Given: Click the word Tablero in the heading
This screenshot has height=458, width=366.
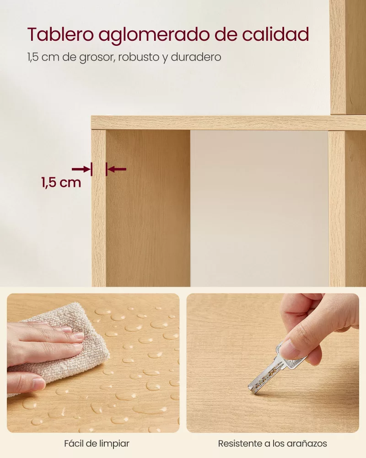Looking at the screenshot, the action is coord(60,34).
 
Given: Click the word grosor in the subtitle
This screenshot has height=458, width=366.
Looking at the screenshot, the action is coord(97,57).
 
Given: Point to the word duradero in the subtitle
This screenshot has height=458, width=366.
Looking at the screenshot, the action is coord(196,57).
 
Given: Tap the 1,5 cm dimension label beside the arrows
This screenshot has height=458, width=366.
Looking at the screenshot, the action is coord(61,183).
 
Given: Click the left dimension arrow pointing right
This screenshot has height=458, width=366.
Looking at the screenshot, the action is coord(82,169).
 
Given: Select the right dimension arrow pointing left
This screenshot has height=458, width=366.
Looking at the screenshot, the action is coord(116,169).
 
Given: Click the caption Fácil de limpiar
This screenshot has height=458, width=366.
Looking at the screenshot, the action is coord(97,443).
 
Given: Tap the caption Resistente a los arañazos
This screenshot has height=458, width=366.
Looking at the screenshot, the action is coord(272,443).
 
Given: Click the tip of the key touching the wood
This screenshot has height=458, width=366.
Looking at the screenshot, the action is coord(250,389).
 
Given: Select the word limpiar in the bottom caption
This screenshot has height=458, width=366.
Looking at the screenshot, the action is coord(114,443).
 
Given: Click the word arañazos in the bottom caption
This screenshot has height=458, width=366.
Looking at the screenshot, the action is coord(307,443).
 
